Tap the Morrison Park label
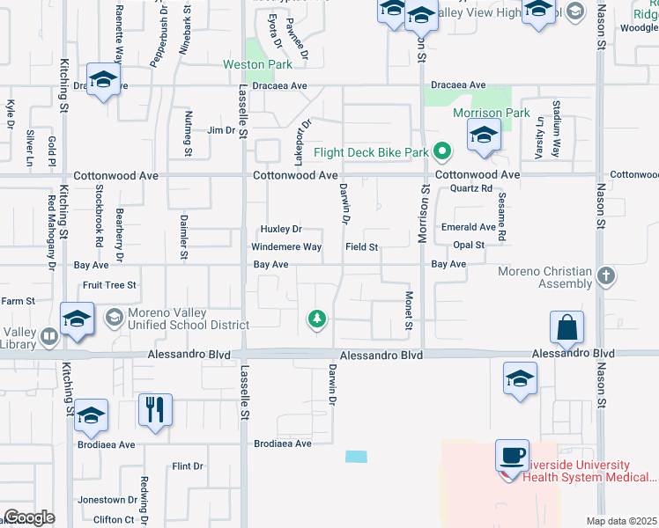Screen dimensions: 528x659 point(491,114)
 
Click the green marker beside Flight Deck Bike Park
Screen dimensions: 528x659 point(443,153)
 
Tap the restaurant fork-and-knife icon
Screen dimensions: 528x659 point(154,409)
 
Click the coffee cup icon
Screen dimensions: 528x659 point(512,456)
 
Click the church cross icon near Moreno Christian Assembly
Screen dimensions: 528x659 point(605,276)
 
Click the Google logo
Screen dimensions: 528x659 point(29,517)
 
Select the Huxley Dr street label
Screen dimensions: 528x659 point(282,229)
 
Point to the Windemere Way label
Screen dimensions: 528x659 point(286,247)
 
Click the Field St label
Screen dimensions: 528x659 point(361,248)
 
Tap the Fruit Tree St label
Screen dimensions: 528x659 point(109,285)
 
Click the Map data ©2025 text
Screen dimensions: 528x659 point(621,521)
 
